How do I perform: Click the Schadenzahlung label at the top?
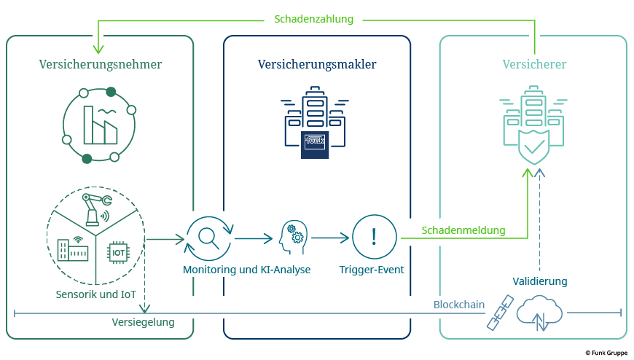[313, 19]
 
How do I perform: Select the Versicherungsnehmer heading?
[101, 65]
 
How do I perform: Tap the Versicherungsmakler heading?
[317, 65]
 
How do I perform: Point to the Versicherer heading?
[534, 65]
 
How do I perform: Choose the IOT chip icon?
[118, 252]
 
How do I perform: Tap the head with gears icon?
[292, 238]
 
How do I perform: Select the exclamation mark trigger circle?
[374, 238]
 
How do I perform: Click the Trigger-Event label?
[372, 270]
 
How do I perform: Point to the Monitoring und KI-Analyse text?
[247, 270]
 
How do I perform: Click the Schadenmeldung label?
[463, 230]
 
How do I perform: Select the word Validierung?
[539, 281]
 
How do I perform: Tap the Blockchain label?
[459, 305]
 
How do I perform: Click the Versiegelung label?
[143, 322]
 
